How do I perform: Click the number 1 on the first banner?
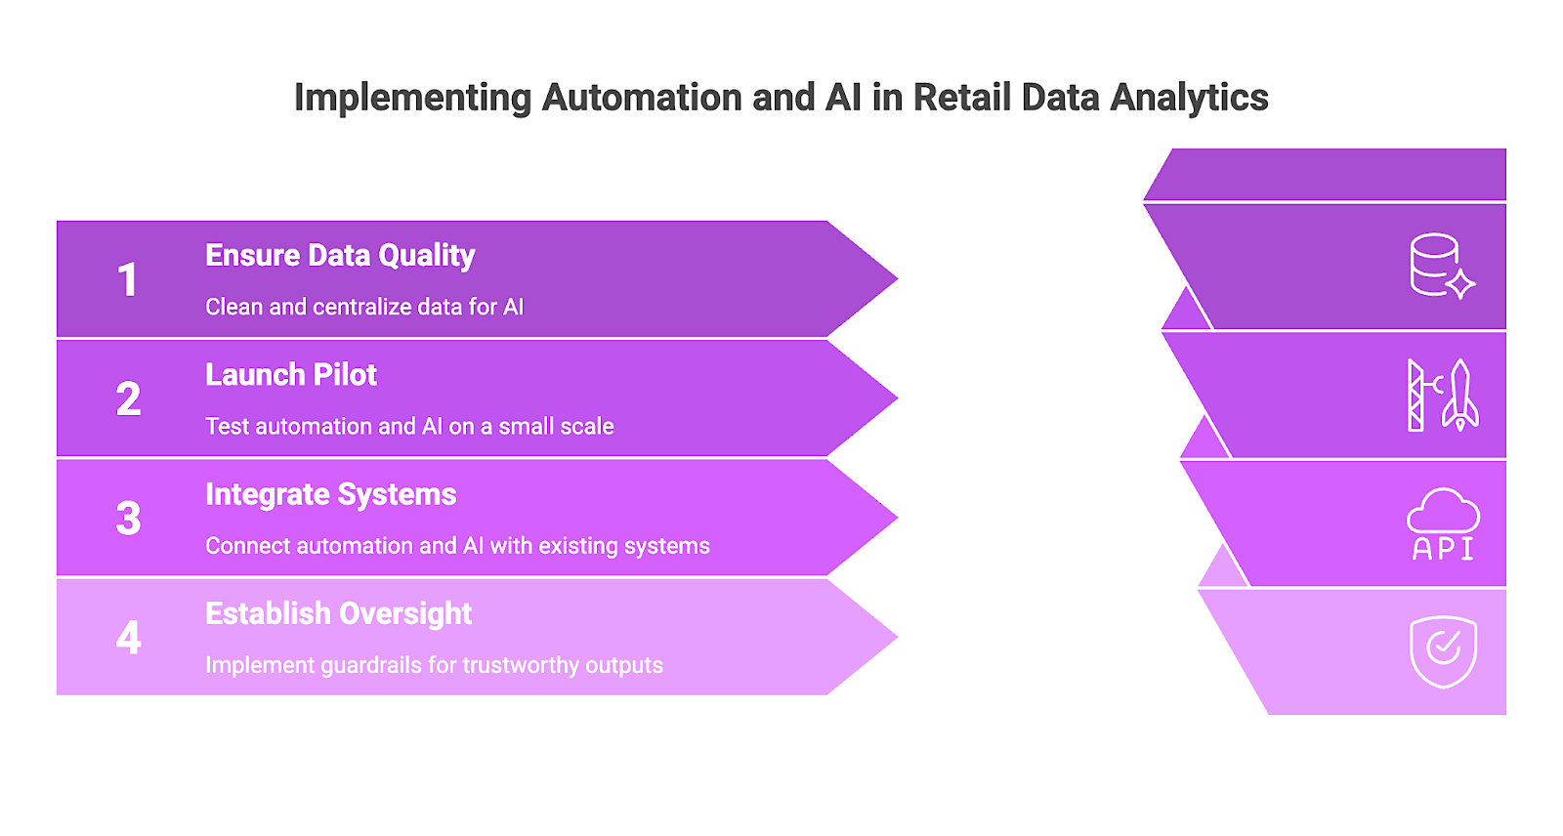[x=127, y=280]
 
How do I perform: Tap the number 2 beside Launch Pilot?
[x=128, y=399]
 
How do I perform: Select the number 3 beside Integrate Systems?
[x=128, y=519]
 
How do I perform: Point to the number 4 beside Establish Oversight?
[x=128, y=639]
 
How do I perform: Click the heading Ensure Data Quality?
[x=340, y=256]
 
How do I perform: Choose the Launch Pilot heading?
[x=291, y=375]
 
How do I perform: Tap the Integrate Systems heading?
[x=330, y=495]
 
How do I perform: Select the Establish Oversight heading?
[x=338, y=614]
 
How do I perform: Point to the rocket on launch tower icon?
[x=1442, y=396]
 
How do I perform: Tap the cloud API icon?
[x=1443, y=524]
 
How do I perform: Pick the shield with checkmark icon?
[x=1443, y=650]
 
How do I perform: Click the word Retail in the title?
[x=962, y=98]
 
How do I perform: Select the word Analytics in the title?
[x=1189, y=98]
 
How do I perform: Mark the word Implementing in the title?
[x=412, y=99]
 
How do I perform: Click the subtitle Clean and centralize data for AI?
[x=364, y=307]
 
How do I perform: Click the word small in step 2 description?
[x=527, y=427]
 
